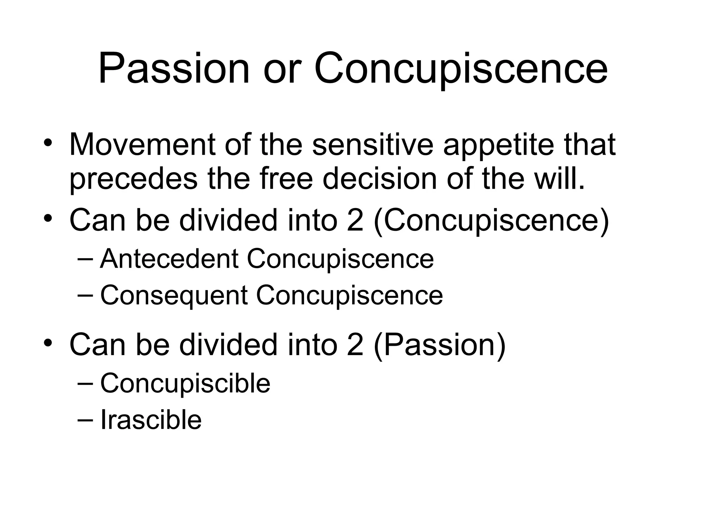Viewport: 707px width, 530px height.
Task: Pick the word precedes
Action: pyautogui.click(x=133, y=179)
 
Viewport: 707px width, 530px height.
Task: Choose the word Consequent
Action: pyautogui.click(x=174, y=296)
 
